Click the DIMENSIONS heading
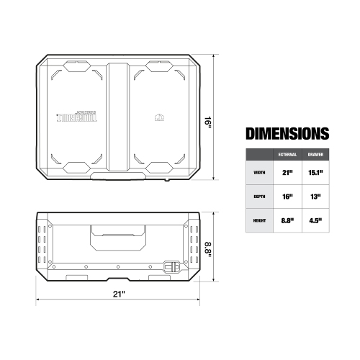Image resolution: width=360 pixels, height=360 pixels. click(287, 134)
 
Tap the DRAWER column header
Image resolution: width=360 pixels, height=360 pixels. click(315, 155)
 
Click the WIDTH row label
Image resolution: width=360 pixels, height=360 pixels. click(259, 173)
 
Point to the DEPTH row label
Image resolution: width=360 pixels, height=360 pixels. click(259, 197)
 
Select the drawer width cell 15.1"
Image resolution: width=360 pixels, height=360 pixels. click(315, 173)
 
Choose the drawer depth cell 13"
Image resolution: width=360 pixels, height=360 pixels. click(315, 197)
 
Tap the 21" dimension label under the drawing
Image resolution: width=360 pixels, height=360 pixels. click(120, 295)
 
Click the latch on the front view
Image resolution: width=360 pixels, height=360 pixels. click(171, 265)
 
